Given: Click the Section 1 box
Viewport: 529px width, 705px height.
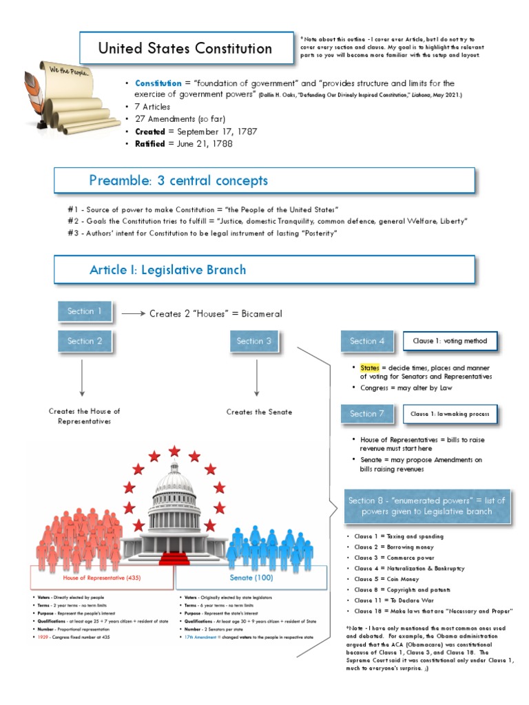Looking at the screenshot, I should (85, 311).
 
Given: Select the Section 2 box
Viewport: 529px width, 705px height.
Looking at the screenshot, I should (85, 341).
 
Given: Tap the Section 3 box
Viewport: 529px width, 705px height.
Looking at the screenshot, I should (254, 341).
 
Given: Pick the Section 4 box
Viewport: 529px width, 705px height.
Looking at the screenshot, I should (367, 341).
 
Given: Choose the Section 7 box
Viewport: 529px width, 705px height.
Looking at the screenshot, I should (367, 414).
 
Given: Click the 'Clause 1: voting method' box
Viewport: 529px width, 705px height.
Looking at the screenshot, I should (450, 341).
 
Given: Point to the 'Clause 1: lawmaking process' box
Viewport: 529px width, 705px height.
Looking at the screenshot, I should (450, 414).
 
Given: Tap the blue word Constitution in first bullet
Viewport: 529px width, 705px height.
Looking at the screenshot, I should (158, 83).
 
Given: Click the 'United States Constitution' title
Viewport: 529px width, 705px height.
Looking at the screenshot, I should (185, 48).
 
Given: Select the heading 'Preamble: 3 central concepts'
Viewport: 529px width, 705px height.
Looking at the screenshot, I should (178, 181).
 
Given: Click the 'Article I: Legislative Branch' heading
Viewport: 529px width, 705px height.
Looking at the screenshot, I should (167, 269).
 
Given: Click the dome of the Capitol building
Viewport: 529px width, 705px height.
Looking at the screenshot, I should (174, 483).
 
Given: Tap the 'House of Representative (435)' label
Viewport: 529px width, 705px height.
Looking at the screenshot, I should (102, 578).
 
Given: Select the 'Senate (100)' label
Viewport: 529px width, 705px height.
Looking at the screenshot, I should (251, 578).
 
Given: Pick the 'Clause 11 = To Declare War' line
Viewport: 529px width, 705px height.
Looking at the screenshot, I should (388, 600).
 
